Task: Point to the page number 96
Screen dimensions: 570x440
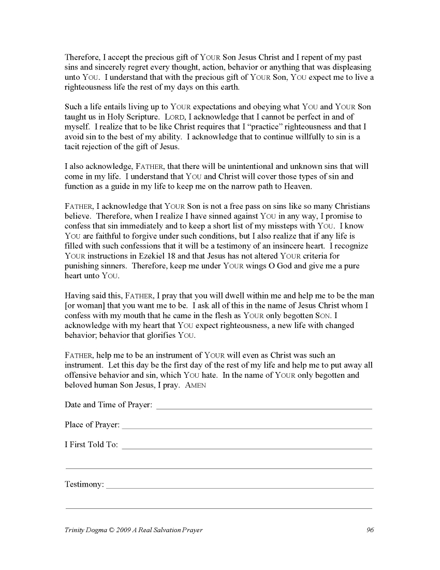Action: (370, 530)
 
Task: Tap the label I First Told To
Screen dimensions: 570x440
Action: (91, 445)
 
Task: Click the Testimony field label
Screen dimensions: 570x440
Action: (84, 484)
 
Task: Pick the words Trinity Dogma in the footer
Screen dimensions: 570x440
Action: (85, 530)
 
